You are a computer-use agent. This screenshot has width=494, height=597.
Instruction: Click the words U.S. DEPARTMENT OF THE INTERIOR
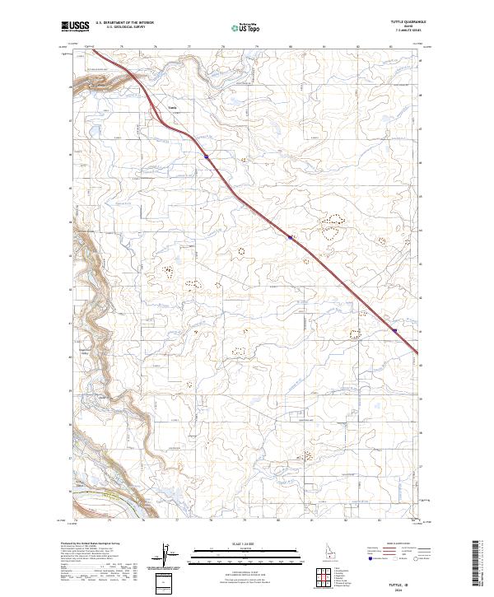(x=124, y=23)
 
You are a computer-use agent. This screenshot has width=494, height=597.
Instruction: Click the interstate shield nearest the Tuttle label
(x=206, y=154)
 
